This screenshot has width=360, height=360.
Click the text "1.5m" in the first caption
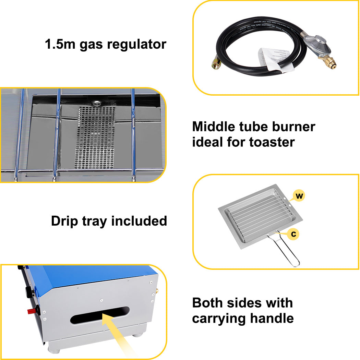(60, 44)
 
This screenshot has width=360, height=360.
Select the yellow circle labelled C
(293, 235)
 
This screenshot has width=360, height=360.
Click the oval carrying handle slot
(100, 315)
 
